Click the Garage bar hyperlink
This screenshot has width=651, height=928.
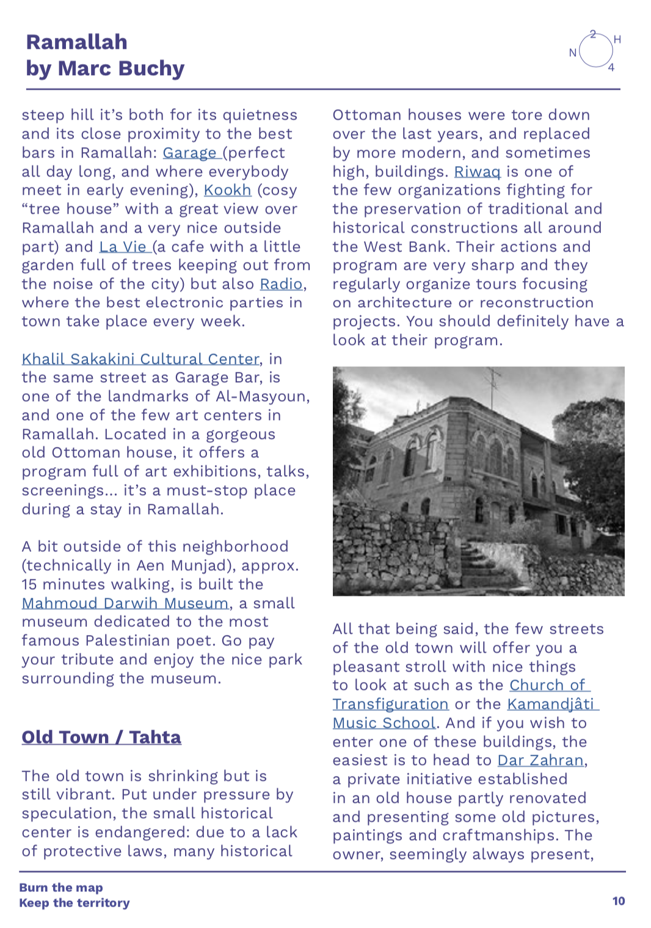click(189, 153)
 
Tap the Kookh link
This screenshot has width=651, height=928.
click(227, 190)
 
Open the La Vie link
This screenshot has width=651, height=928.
click(123, 247)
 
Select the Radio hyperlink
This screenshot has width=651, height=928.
click(281, 285)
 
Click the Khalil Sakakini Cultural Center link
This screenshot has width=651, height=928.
click(140, 359)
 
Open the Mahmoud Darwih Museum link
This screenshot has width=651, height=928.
click(125, 604)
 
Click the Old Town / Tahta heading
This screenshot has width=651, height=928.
click(101, 738)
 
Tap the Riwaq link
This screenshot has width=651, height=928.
click(477, 172)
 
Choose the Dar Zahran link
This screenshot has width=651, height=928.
click(540, 761)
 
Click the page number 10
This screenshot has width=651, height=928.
click(619, 901)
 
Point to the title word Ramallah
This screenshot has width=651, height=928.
click(77, 42)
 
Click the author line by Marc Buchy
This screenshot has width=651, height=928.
click(105, 68)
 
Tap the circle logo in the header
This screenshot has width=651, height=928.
click(595, 51)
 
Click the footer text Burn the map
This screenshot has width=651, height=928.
click(61, 888)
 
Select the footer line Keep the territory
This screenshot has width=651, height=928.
click(75, 903)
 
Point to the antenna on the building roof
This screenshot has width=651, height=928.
click(493, 382)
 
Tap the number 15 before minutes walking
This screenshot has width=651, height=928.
click(29, 585)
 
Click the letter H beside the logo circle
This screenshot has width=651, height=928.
click(617, 40)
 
